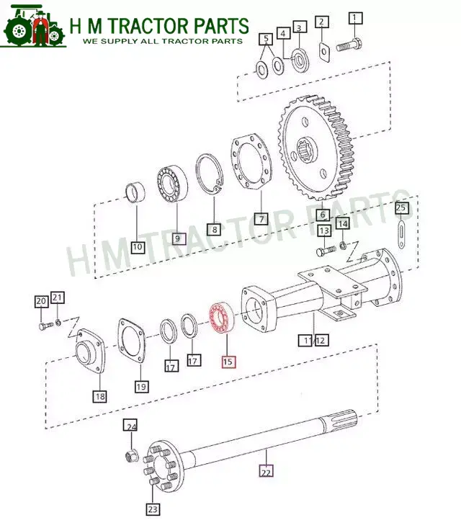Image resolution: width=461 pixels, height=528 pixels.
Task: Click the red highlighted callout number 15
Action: (x=228, y=362)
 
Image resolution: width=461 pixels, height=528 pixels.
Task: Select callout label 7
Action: (x=260, y=218)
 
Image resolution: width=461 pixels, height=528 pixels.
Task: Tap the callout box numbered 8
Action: (x=213, y=229)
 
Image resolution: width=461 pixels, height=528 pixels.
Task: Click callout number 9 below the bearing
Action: (x=177, y=238)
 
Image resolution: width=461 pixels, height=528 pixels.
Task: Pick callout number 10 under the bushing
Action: (x=138, y=247)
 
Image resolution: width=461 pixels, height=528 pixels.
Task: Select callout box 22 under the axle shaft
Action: (x=266, y=473)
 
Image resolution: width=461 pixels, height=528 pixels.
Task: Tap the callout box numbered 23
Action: (x=152, y=509)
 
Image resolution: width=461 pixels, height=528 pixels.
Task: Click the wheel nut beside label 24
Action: (x=132, y=455)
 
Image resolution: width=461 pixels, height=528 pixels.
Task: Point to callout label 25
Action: (x=402, y=209)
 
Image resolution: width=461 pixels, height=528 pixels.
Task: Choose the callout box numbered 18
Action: (x=99, y=395)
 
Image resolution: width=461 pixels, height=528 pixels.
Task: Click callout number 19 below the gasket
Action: (x=141, y=387)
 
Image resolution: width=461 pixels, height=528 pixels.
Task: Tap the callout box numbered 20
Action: (x=41, y=301)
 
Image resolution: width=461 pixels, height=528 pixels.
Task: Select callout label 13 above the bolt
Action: (x=324, y=231)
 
